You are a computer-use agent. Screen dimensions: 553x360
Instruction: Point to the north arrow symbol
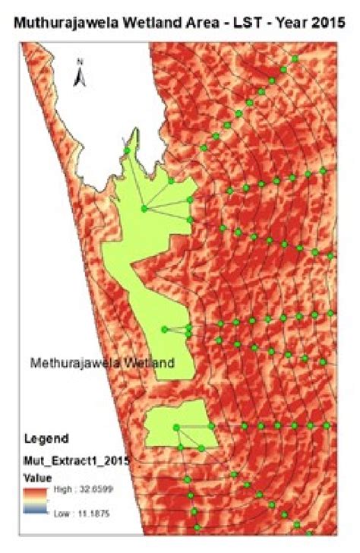79,77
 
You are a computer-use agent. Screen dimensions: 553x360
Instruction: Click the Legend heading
47,439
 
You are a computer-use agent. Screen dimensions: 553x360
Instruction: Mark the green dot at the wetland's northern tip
127,151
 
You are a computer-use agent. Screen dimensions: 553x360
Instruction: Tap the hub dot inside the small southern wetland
175,427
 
